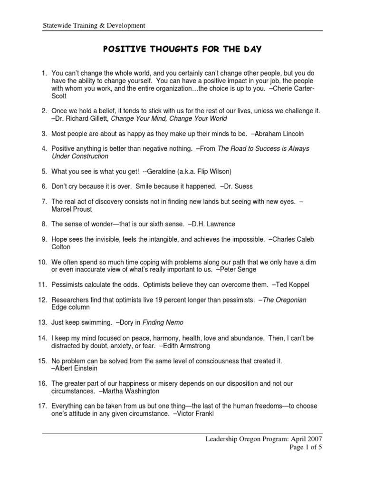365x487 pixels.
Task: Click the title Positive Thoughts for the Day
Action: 182,49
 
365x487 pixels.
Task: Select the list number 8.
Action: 45,224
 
